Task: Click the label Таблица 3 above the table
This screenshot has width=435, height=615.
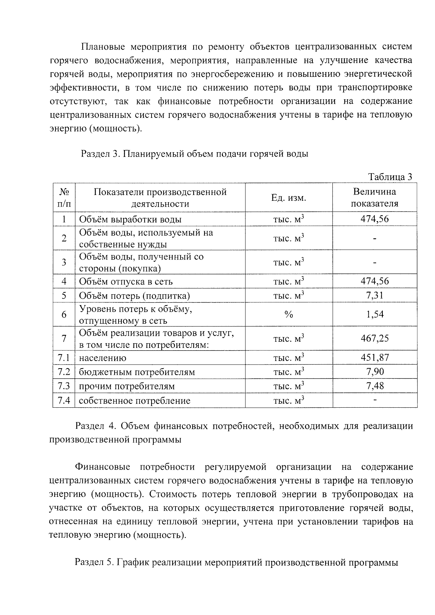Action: (390, 177)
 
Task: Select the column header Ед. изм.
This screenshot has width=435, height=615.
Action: (289, 198)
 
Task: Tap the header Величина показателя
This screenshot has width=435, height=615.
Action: (374, 198)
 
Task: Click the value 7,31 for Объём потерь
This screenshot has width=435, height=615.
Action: (374, 295)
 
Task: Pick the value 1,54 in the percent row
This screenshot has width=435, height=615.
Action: (374, 314)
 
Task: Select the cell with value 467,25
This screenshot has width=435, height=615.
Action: (374, 338)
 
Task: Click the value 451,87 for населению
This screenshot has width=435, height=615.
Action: (374, 357)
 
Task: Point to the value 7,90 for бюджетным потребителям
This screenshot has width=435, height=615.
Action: (374, 371)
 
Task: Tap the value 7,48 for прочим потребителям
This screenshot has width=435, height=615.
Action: (374, 386)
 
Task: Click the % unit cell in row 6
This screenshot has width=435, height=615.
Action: (289, 315)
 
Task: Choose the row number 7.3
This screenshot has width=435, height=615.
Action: (64, 386)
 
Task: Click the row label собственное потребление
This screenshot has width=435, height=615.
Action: (134, 401)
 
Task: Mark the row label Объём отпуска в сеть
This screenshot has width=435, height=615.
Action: (126, 282)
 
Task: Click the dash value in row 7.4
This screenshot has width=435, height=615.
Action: (374, 400)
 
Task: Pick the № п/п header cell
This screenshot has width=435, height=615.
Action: (64, 198)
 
